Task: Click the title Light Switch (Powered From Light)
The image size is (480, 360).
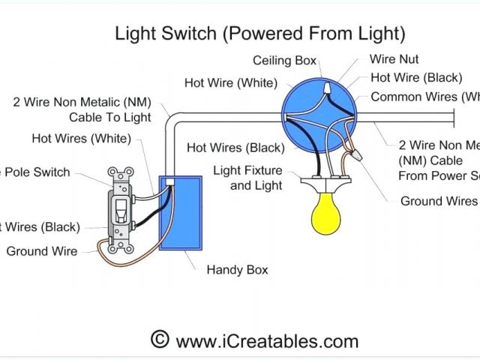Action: [x=259, y=33]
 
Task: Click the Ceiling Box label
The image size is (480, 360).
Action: [x=284, y=61]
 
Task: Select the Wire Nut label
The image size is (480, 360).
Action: [x=394, y=59]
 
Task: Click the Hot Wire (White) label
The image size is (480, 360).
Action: [x=231, y=82]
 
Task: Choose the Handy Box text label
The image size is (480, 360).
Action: [x=237, y=270]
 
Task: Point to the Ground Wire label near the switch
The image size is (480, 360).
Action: [x=41, y=252]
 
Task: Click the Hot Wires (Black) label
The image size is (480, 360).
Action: [x=235, y=148]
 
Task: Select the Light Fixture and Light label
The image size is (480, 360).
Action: [x=247, y=178]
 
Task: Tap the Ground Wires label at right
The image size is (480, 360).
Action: [x=439, y=201]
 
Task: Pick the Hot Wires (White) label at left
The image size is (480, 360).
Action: [x=81, y=138]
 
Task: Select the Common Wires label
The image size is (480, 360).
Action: [x=424, y=97]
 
